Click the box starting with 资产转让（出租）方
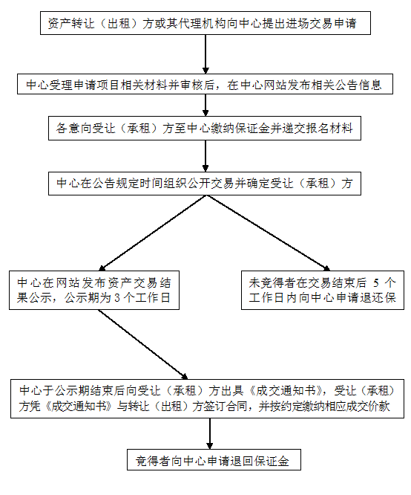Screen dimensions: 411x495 [205, 23]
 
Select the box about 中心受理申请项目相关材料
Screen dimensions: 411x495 [205, 84]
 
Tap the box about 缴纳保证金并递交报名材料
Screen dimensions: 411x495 [205, 128]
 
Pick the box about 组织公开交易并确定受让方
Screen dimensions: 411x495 [205, 184]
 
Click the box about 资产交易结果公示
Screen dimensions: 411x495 [94, 290]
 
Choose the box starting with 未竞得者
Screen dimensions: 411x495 [323, 290]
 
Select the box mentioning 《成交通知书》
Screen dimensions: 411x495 [207, 398]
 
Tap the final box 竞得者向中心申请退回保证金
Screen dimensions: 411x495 [214, 459]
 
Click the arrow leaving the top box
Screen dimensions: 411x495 [205, 54]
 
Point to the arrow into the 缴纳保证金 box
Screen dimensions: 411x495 [205, 105]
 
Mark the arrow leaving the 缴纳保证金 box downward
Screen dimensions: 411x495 [205, 156]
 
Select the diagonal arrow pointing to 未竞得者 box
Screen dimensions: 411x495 [269, 233]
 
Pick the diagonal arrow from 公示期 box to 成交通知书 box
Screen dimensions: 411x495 [142, 344]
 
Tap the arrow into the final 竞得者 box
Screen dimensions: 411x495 [210, 434]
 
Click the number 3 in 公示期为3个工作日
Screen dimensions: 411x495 [117, 298]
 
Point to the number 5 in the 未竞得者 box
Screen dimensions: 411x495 [375, 283]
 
